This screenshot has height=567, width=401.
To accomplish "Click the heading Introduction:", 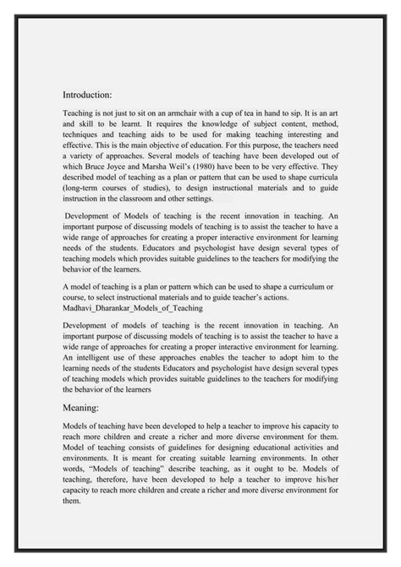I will (93, 95).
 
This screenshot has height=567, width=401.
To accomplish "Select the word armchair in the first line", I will (201, 111).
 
